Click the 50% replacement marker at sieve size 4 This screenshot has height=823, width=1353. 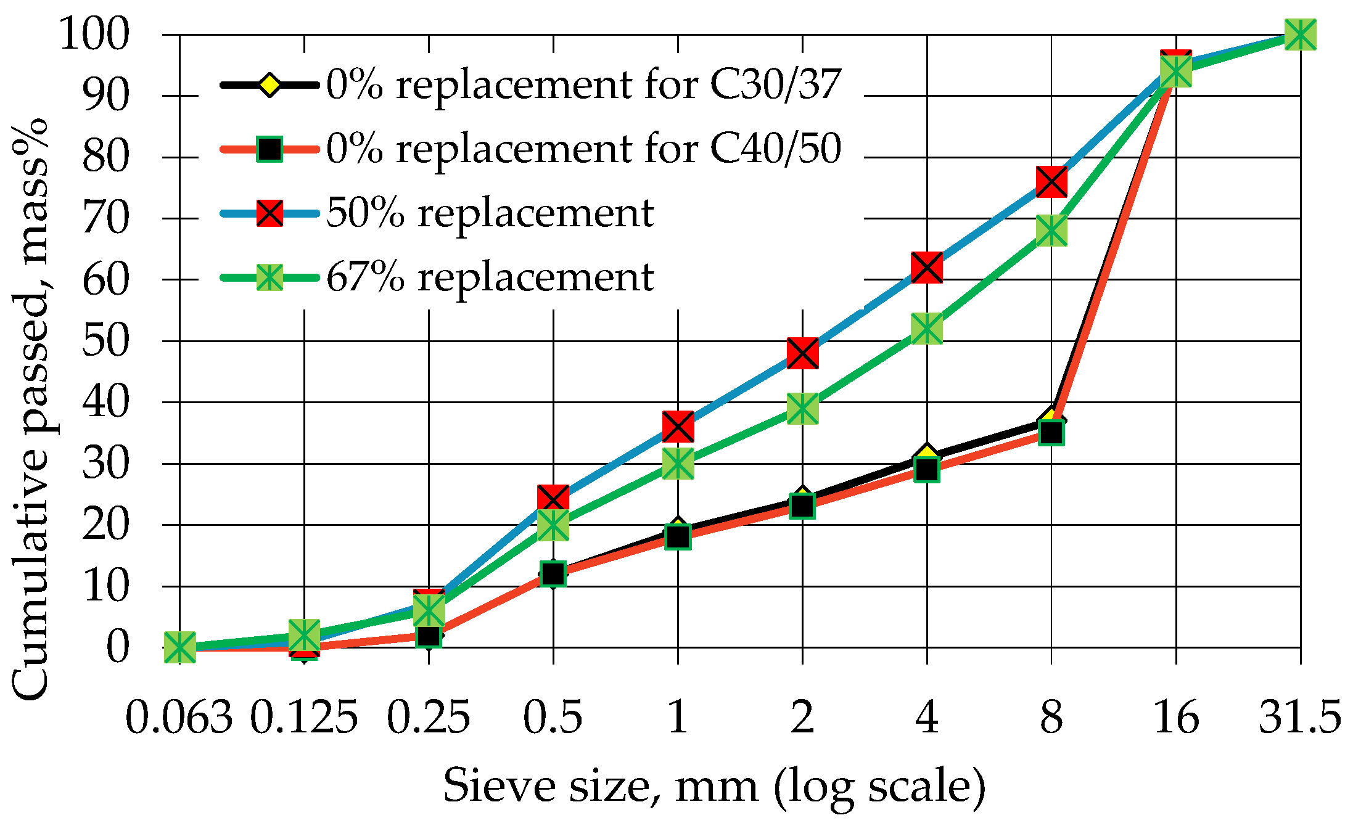pyautogui.click(x=927, y=268)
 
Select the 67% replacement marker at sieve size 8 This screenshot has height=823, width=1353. pyautogui.click(x=1051, y=231)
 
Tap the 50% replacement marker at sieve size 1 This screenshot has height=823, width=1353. pyautogui.click(x=678, y=427)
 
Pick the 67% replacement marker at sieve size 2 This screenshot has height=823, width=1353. pyautogui.click(x=802, y=409)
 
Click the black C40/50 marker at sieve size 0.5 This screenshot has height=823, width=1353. pyautogui.click(x=553, y=573)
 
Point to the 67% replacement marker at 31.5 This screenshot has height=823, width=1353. pyautogui.click(x=1301, y=35)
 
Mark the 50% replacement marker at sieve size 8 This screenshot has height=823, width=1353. pyautogui.click(x=1051, y=181)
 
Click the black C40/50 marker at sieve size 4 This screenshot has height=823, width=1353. pyautogui.click(x=927, y=470)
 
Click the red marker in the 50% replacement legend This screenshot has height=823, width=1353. pyautogui.click(x=269, y=213)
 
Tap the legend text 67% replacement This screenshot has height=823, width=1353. pyautogui.click(x=489, y=277)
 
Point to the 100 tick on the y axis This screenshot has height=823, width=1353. pyautogui.click(x=94, y=35)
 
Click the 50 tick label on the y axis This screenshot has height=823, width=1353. pyautogui.click(x=105, y=341)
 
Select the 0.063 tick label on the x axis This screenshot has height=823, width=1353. pyautogui.click(x=179, y=718)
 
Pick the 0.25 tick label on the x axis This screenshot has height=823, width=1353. pyautogui.click(x=429, y=718)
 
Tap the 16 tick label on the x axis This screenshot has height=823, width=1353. pyautogui.click(x=1176, y=718)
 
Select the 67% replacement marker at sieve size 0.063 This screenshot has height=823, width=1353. pyautogui.click(x=180, y=647)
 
